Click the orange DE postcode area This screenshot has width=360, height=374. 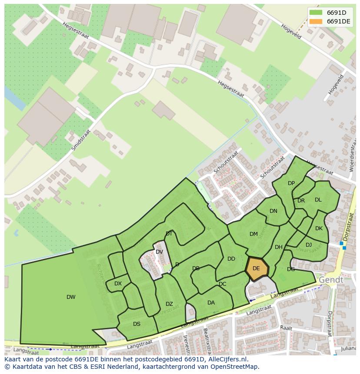click(257, 269)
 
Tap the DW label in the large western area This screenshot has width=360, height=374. click(71, 297)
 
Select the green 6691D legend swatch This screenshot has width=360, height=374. click(316, 13)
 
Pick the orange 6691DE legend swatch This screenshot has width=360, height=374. click(316, 21)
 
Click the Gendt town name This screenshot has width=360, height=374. click(331, 280)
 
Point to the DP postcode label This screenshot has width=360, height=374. click(291, 183)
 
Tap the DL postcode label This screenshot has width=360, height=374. click(318, 200)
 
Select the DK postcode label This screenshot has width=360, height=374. click(319, 228)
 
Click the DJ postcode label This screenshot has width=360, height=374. click(309, 245)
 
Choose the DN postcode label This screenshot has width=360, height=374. click(273, 211)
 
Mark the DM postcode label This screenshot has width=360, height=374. click(253, 234)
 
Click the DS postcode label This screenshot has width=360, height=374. click(137, 324)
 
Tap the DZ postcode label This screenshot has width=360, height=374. click(169, 304)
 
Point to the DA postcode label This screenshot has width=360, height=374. click(211, 303)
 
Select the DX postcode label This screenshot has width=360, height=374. click(118, 284)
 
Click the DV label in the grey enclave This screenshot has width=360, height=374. click(159, 252)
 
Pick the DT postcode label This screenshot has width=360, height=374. click(169, 234)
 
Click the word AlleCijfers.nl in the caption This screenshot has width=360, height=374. click(227, 359)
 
